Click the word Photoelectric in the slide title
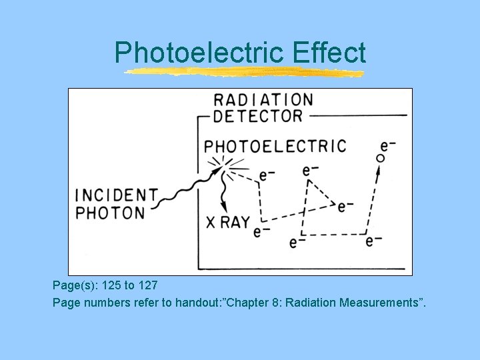[199, 53]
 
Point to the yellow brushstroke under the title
[245, 72]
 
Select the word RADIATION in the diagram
[263, 100]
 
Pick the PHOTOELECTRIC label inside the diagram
[275, 146]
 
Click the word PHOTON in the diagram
[110, 213]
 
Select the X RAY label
[228, 222]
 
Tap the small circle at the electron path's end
[381, 158]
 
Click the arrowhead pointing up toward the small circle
[379, 171]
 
